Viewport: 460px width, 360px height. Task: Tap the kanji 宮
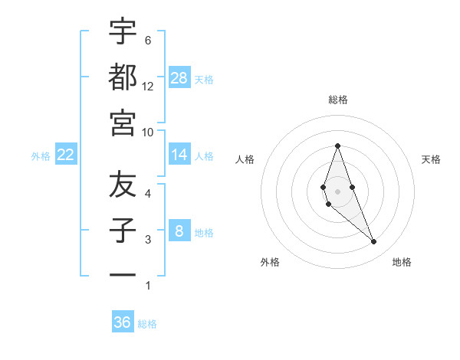click(123, 123)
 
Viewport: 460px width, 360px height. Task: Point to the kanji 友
click(123, 185)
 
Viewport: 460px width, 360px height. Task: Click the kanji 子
click(123, 231)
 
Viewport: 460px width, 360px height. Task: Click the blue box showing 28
click(179, 77)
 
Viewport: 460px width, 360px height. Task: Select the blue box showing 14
click(179, 155)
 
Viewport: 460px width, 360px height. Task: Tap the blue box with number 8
click(179, 231)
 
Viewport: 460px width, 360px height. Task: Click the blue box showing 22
click(66, 155)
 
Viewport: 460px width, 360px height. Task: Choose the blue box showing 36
click(123, 322)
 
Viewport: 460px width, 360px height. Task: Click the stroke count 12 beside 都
click(148, 86)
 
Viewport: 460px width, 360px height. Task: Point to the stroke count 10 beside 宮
click(148, 132)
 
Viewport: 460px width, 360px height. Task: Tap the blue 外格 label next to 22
click(41, 155)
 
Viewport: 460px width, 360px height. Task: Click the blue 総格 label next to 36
click(147, 324)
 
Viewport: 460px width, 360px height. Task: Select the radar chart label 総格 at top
click(338, 100)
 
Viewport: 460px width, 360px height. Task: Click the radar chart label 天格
click(431, 159)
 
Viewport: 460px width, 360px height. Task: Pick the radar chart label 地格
click(402, 262)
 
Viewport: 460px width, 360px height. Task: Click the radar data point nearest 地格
click(374, 242)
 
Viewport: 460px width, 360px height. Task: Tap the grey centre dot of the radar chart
click(337, 191)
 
